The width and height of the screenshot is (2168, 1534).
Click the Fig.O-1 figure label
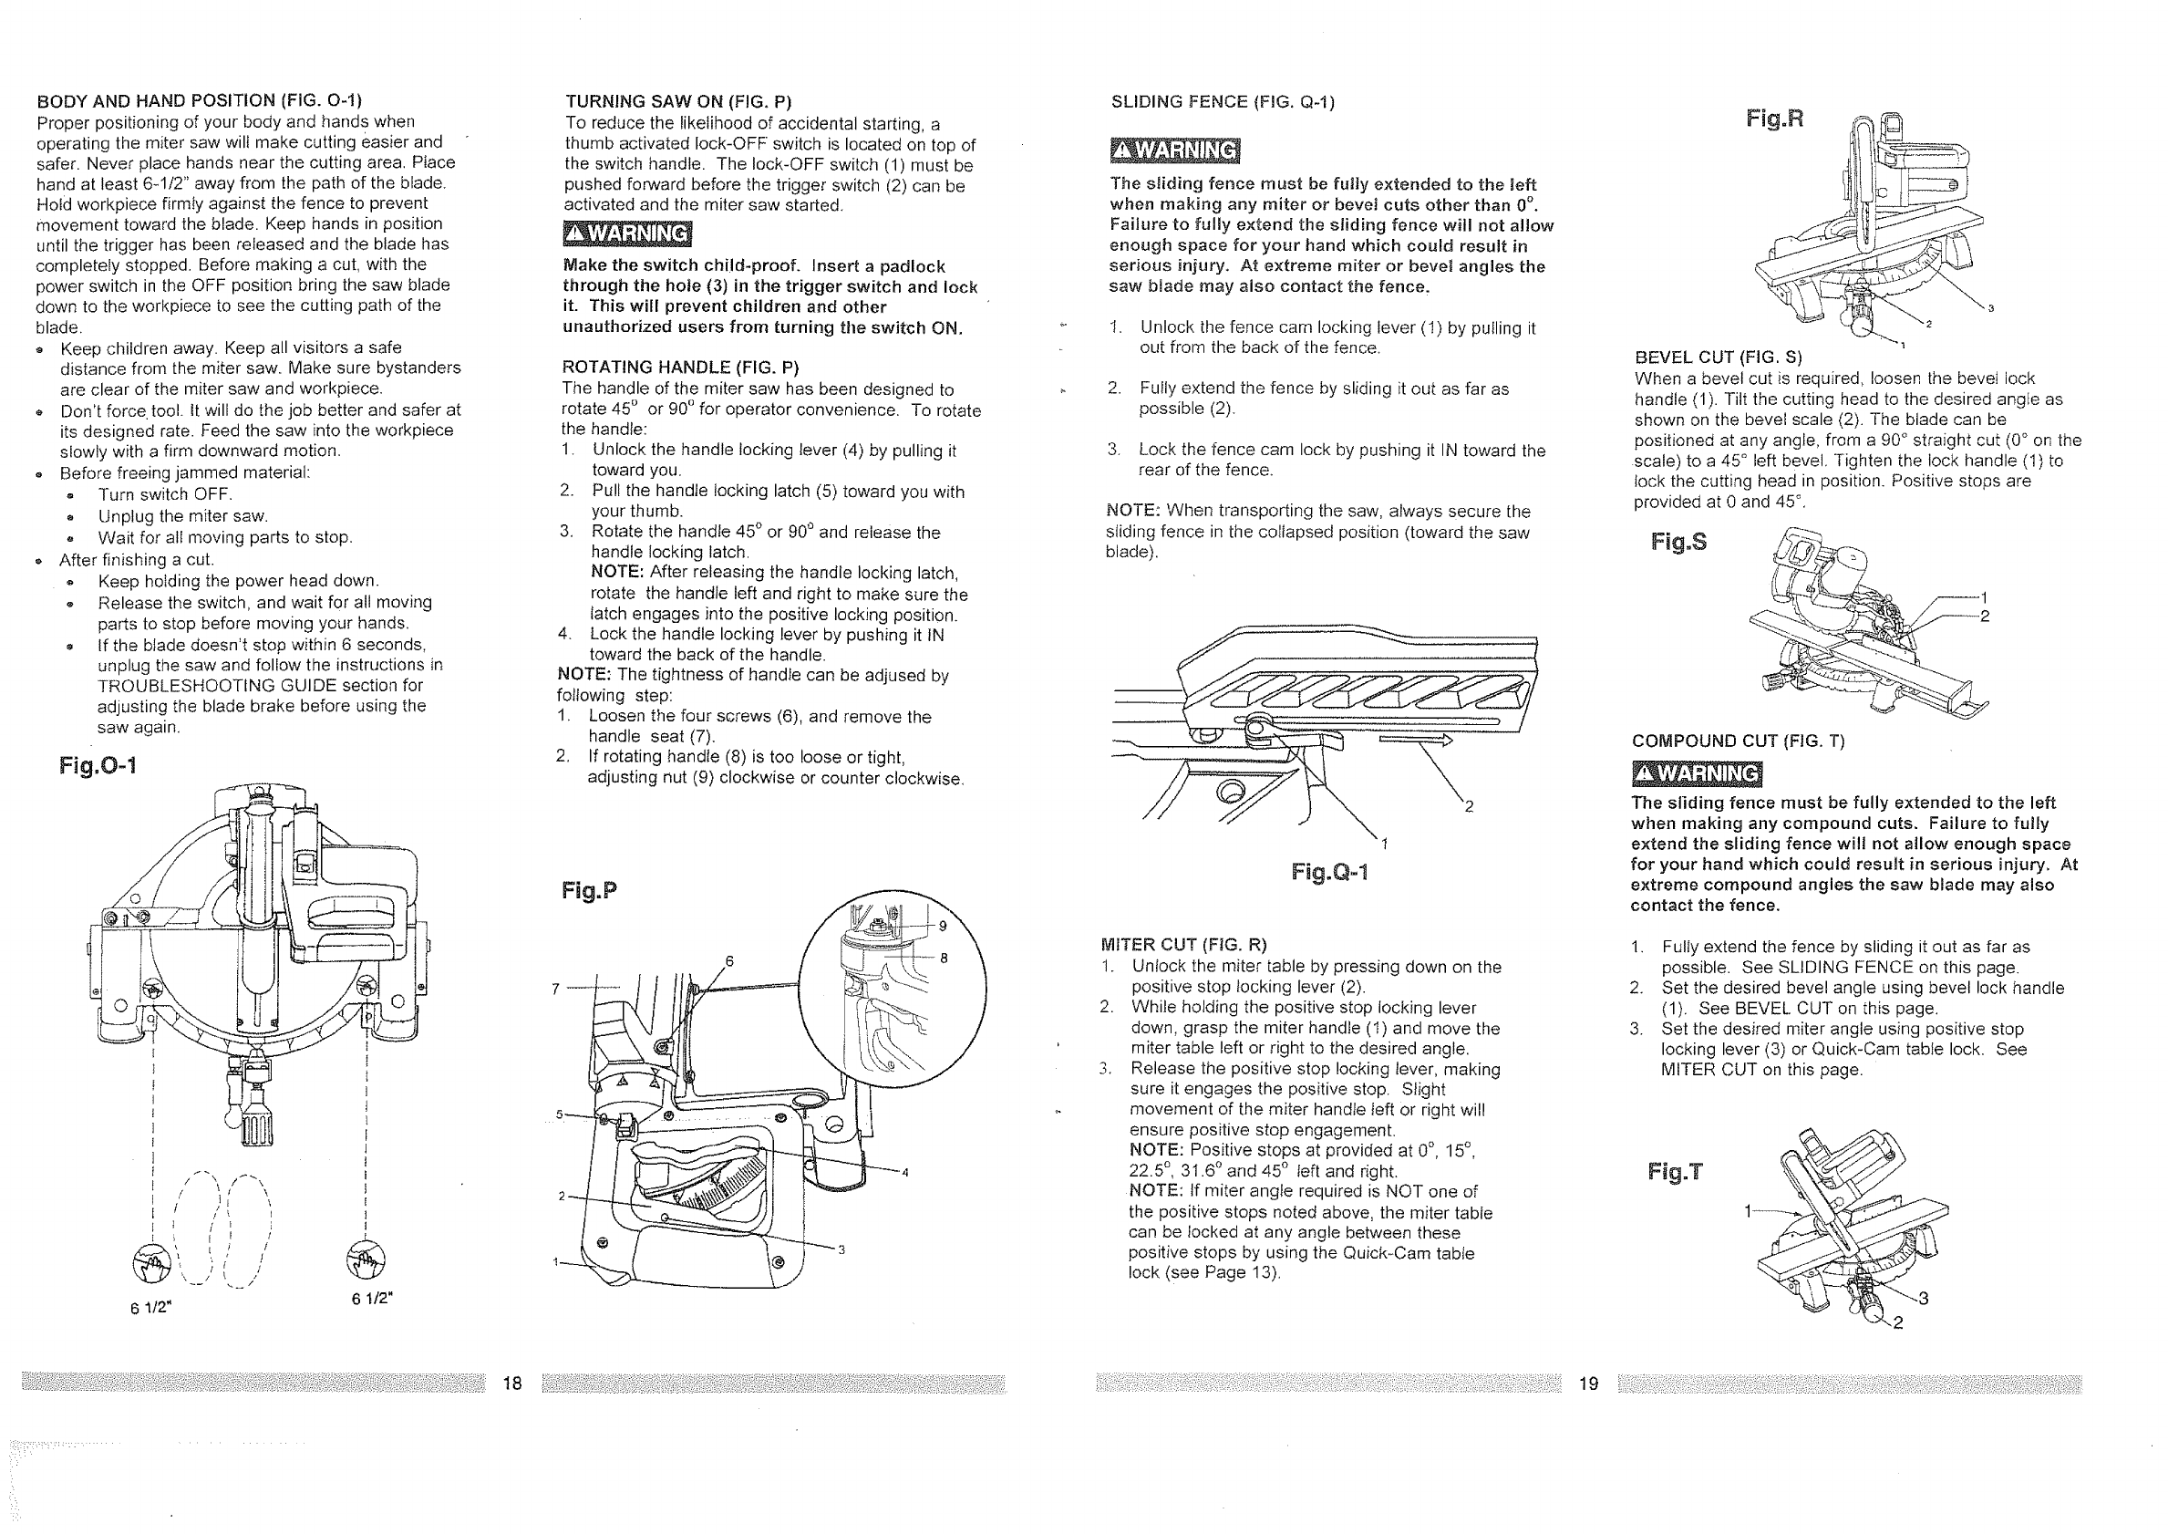[x=98, y=765]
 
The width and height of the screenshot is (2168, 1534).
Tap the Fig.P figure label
[x=589, y=891]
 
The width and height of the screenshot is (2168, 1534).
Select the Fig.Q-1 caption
[x=1329, y=872]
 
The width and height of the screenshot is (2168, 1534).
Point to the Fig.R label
[x=1774, y=119]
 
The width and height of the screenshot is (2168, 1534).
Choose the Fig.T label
[x=1675, y=1172]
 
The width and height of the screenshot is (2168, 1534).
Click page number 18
[x=512, y=1384]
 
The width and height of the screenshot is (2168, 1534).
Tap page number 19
[x=1588, y=1384]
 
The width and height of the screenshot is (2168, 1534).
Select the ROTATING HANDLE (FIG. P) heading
[x=680, y=368]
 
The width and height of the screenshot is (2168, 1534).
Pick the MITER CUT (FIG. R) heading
[x=1184, y=945]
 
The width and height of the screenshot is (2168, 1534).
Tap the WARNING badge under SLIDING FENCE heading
[x=1174, y=151]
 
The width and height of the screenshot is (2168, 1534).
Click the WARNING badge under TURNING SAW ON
[x=627, y=233]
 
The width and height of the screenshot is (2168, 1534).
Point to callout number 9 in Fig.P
[x=943, y=926]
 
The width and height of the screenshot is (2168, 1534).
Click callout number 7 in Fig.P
[x=556, y=989]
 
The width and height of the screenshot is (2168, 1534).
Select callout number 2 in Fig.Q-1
[x=1469, y=805]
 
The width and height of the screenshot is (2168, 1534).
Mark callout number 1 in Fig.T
[x=1748, y=1211]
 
